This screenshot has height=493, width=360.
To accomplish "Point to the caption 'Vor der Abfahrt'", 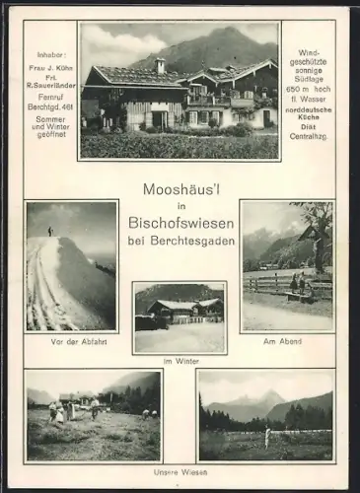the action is click(71, 340).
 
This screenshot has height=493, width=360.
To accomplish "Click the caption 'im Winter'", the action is click(180, 361).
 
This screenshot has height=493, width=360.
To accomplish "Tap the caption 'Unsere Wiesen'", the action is click(180, 472).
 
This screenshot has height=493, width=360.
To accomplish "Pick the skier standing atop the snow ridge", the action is click(49, 231).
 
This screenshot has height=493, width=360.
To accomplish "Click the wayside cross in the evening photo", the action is click(316, 237).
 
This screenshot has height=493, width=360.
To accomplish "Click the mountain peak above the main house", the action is click(221, 33).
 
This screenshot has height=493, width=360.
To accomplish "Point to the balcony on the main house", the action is click(210, 100).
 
